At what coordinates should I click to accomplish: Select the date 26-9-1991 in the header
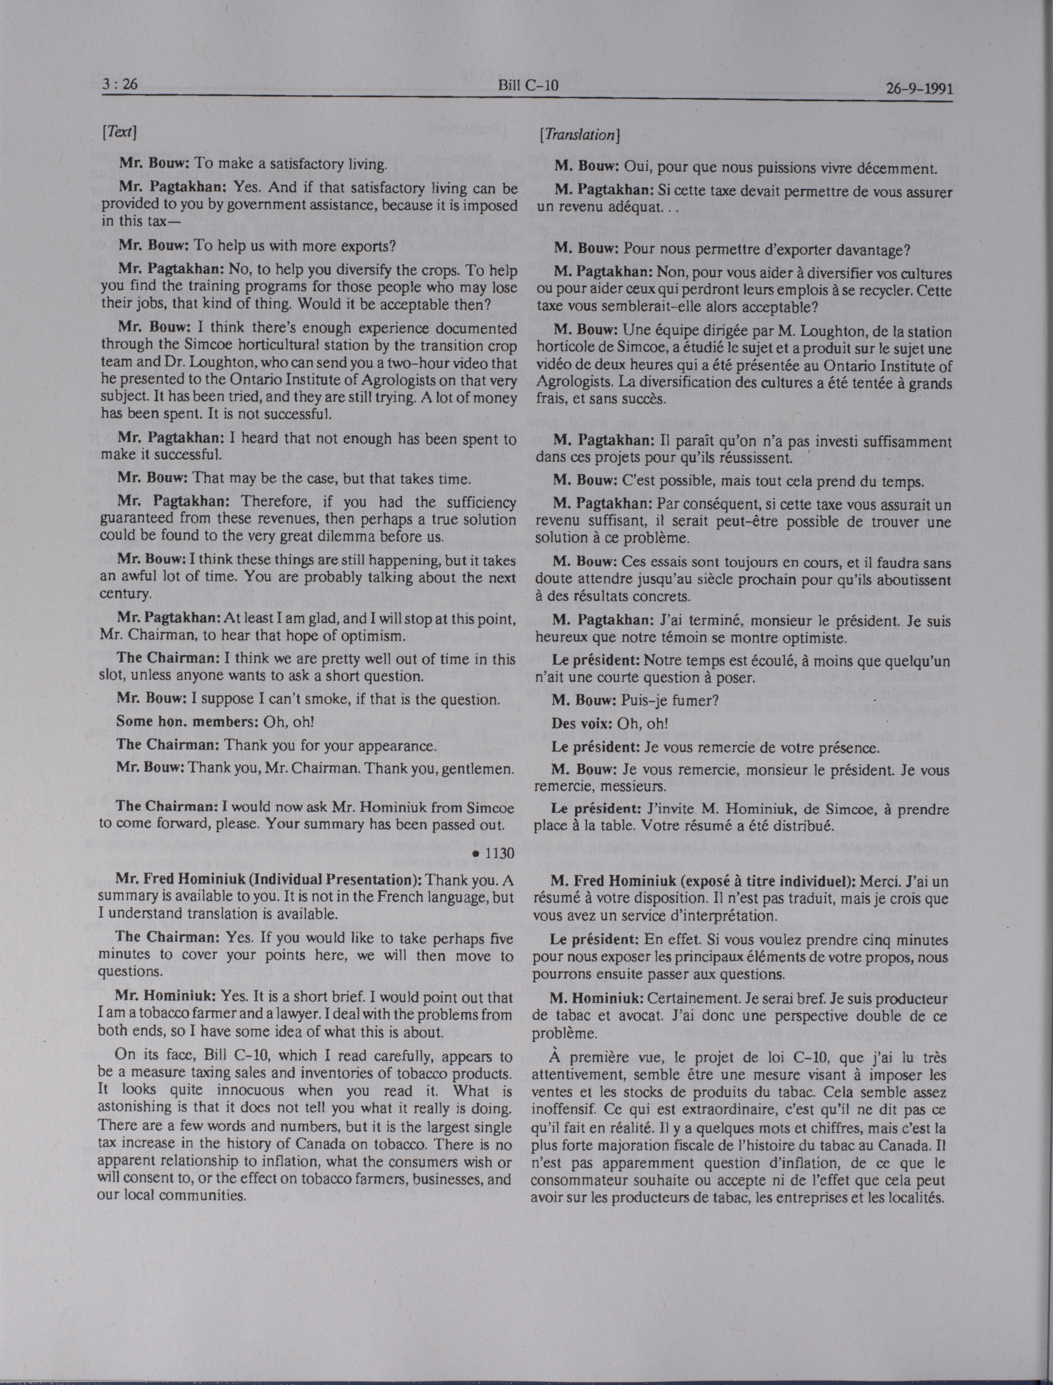tap(920, 88)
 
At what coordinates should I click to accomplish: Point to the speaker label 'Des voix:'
tap(581, 724)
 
